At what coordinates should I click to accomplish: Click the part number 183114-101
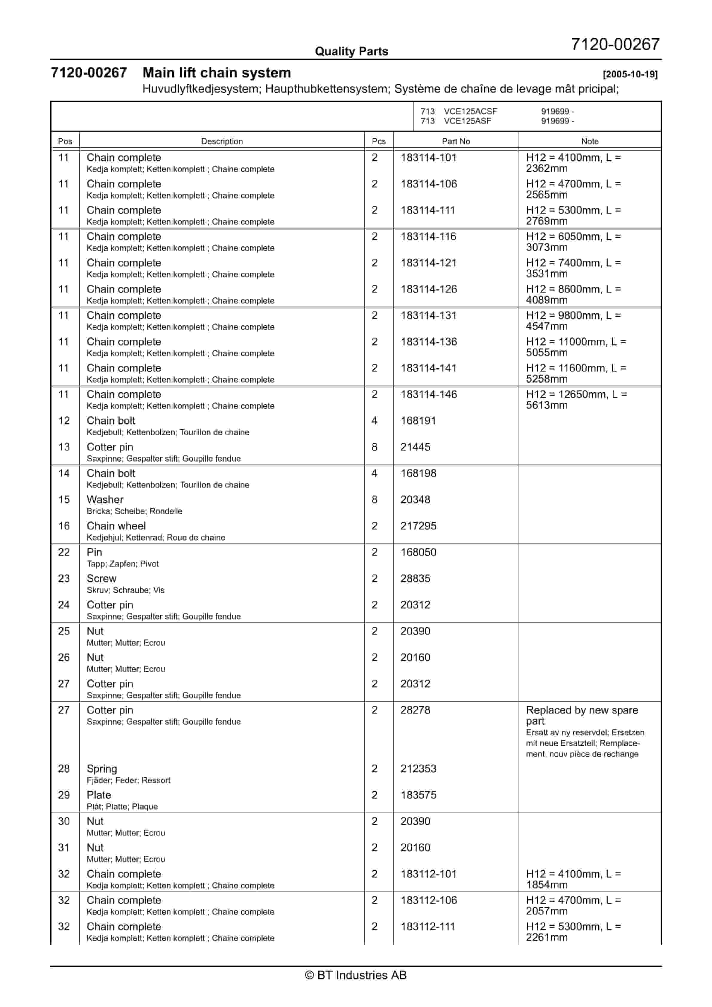point(428,158)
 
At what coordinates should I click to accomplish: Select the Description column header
point(222,141)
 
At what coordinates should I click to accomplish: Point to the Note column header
point(590,141)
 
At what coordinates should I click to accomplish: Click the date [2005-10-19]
point(630,74)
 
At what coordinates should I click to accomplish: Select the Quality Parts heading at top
point(351,51)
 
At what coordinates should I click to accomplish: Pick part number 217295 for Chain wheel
point(418,526)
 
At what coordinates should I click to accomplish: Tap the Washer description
point(105,500)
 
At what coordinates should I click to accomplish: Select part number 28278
point(415,710)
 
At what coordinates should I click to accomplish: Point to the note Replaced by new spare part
point(582,715)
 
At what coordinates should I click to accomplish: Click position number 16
point(64,526)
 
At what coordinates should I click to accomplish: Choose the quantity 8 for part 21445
point(375,447)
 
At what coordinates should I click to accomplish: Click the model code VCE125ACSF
point(470,112)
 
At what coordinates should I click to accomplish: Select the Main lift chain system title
point(216,73)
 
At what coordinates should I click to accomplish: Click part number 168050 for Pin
point(418,552)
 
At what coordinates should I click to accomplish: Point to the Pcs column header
point(378,141)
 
